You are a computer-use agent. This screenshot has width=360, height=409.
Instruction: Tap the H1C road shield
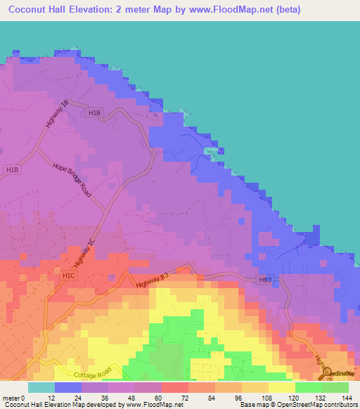tap(68, 276)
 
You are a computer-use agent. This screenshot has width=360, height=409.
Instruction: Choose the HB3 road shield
tap(264, 280)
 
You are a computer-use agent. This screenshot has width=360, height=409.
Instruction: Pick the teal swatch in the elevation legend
tap(41, 387)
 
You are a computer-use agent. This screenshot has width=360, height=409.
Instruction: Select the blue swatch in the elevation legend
tap(68, 387)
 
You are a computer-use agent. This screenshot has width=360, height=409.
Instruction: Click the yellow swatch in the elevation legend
tap(282, 387)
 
